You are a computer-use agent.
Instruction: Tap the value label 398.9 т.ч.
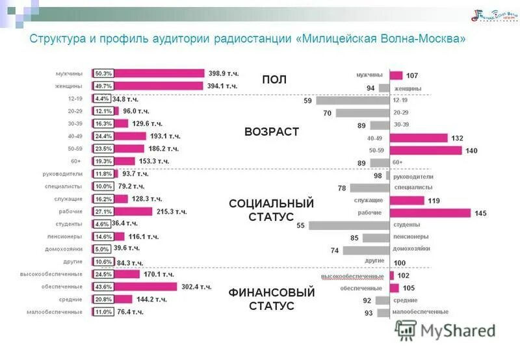(x=223, y=73)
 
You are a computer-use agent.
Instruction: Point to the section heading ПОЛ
(x=274, y=79)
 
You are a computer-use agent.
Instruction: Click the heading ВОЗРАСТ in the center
(x=272, y=132)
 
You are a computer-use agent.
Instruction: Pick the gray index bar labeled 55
(x=348, y=225)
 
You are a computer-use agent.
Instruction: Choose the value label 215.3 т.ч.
(x=172, y=212)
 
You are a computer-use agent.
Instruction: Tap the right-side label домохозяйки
(x=411, y=250)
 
